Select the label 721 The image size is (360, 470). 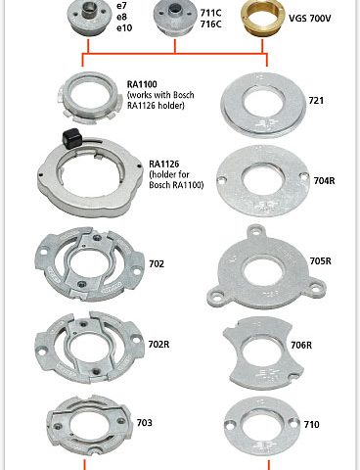pyautogui.click(x=316, y=100)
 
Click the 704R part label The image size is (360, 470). pyautogui.click(x=324, y=180)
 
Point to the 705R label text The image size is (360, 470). pyautogui.click(x=320, y=261)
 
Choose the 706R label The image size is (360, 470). pyautogui.click(x=301, y=345)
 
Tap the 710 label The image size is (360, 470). pyautogui.click(x=311, y=424)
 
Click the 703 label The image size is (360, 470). pyautogui.click(x=144, y=423)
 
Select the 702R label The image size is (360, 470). pyautogui.click(x=158, y=344)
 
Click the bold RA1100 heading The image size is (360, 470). pyautogui.click(x=142, y=84)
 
